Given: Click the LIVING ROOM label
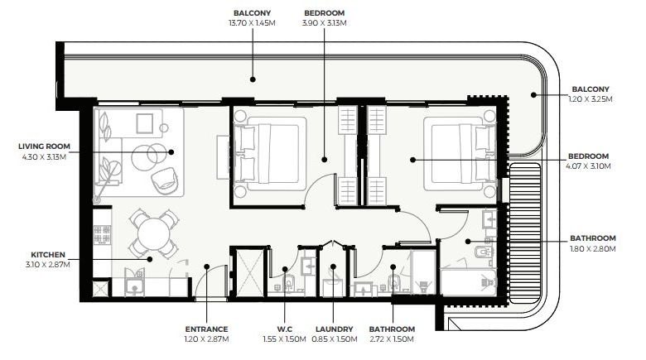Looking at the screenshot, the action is pyautogui.click(x=44, y=146).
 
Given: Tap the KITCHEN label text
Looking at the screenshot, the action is pyautogui.click(x=48, y=255).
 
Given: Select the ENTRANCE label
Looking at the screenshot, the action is pyautogui.click(x=206, y=329).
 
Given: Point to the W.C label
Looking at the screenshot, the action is pyautogui.click(x=285, y=329).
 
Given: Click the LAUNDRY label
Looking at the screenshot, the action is pyautogui.click(x=334, y=329).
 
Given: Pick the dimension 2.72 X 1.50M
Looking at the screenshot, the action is pyautogui.click(x=392, y=339).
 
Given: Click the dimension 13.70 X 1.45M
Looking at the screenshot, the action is pyautogui.click(x=252, y=23).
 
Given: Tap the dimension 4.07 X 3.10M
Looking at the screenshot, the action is pyautogui.click(x=588, y=166).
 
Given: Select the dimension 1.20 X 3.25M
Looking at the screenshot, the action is pyautogui.click(x=591, y=98).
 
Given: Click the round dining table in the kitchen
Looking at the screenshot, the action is pyautogui.click(x=154, y=234).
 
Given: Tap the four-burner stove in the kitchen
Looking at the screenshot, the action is pyautogui.click(x=102, y=234).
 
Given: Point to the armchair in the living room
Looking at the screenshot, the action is pyautogui.click(x=165, y=180).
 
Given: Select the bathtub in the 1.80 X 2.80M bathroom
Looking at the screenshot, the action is pyautogui.click(x=469, y=282).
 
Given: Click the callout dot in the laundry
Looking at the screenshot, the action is pyautogui.click(x=333, y=266).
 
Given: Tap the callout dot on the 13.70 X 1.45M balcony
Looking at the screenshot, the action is pyautogui.click(x=253, y=79).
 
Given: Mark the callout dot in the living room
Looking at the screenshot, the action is pyautogui.click(x=171, y=152).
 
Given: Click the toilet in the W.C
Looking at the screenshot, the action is pyautogui.click(x=289, y=281).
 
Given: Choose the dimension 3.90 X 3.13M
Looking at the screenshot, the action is pyautogui.click(x=324, y=23).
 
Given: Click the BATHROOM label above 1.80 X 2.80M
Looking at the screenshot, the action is pyautogui.click(x=593, y=238).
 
